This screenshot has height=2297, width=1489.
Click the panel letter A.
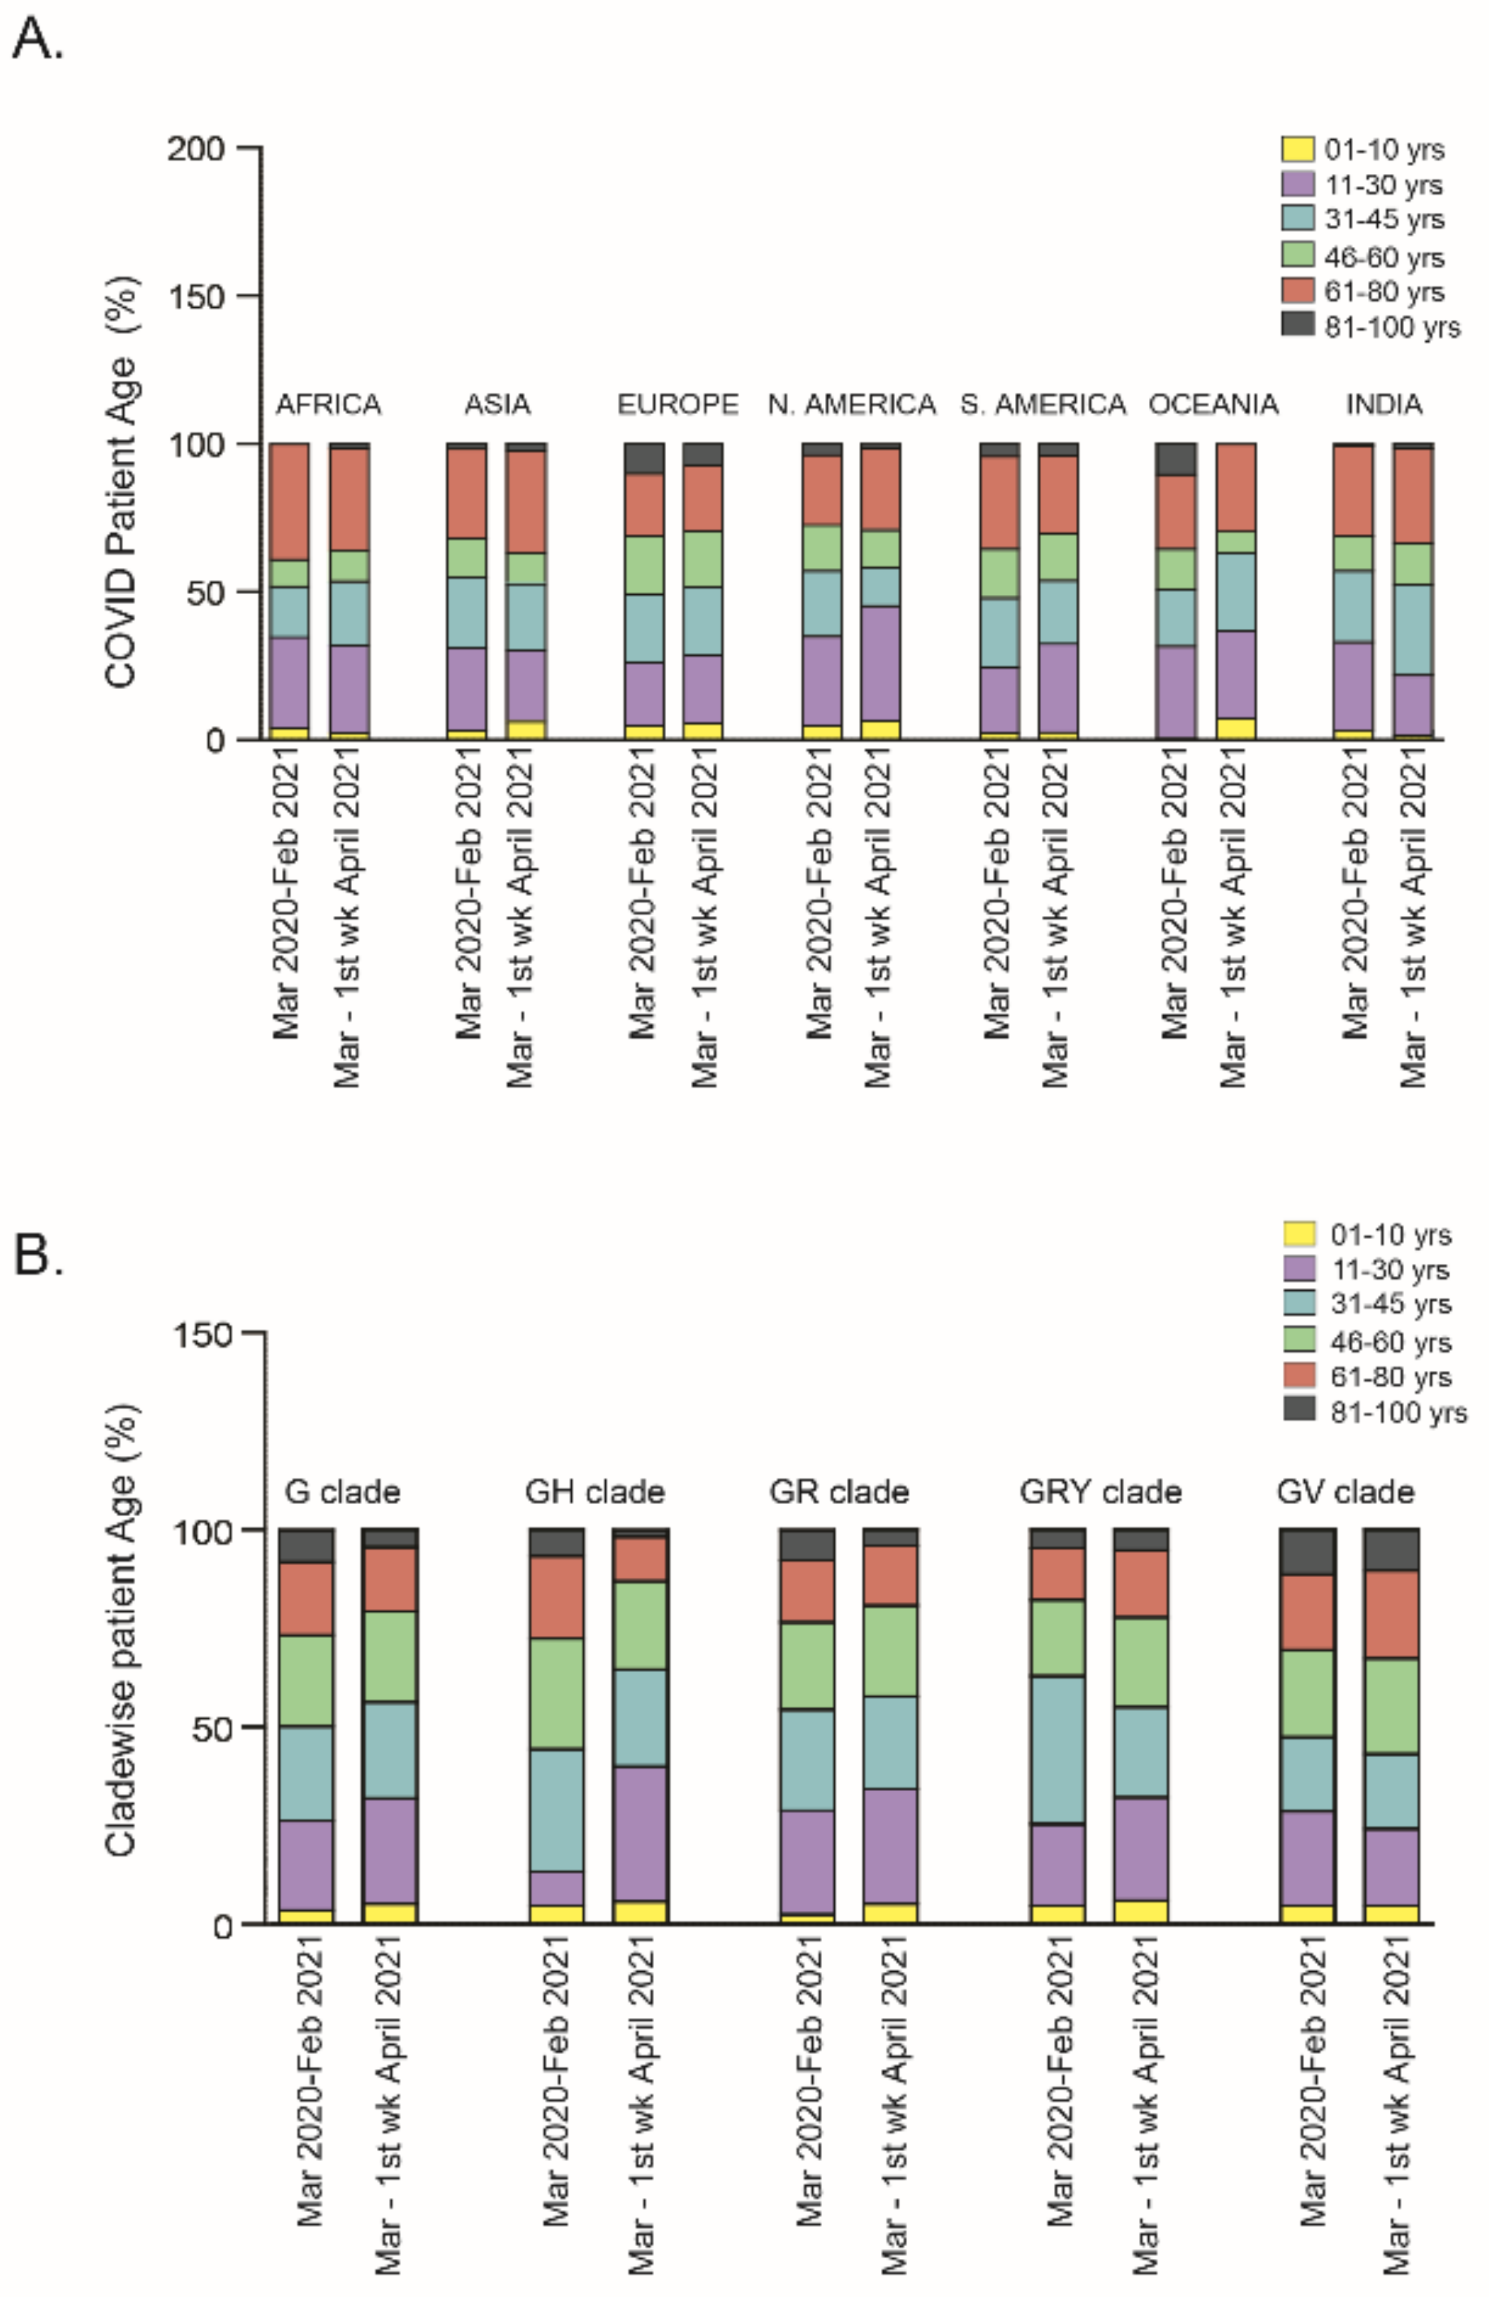click(37, 41)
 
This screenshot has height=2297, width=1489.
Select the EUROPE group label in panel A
click(678, 403)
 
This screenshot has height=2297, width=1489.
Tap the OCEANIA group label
click(1213, 403)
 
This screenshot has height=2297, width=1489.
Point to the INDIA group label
click(1384, 403)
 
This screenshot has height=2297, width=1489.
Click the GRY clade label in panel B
click(1100, 1492)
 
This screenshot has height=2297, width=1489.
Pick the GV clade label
click(1345, 1492)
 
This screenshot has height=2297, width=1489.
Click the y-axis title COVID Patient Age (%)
click(122, 482)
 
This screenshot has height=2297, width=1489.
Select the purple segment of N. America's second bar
click(880, 663)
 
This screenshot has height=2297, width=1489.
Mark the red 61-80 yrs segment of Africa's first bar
click(289, 501)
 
